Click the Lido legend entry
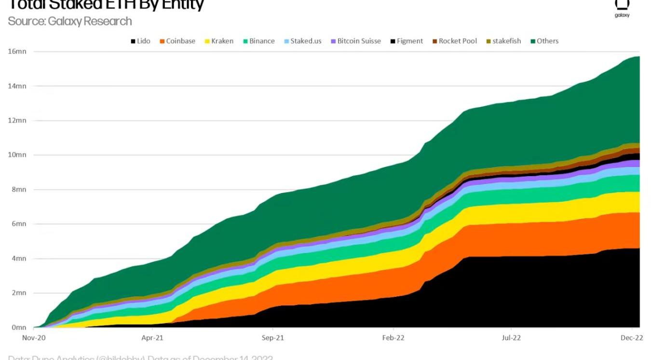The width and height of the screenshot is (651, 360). [140, 41]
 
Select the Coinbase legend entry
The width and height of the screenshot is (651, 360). [177, 41]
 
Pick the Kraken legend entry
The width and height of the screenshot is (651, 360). [218, 41]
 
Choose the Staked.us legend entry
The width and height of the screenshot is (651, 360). [302, 41]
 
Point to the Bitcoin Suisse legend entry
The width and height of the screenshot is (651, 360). [355, 41]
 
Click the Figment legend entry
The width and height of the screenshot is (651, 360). [406, 41]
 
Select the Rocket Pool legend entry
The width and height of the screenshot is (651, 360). [454, 41]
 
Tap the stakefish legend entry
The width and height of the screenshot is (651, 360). [502, 41]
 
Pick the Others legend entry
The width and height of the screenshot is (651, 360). [544, 41]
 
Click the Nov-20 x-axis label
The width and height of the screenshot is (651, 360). [34, 338]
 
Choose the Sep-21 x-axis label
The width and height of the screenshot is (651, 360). [273, 338]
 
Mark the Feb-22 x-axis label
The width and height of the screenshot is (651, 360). [393, 338]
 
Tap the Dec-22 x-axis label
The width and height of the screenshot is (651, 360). [632, 338]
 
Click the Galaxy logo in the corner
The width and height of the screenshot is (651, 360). [622, 7]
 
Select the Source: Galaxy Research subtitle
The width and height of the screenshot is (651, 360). [70, 21]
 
